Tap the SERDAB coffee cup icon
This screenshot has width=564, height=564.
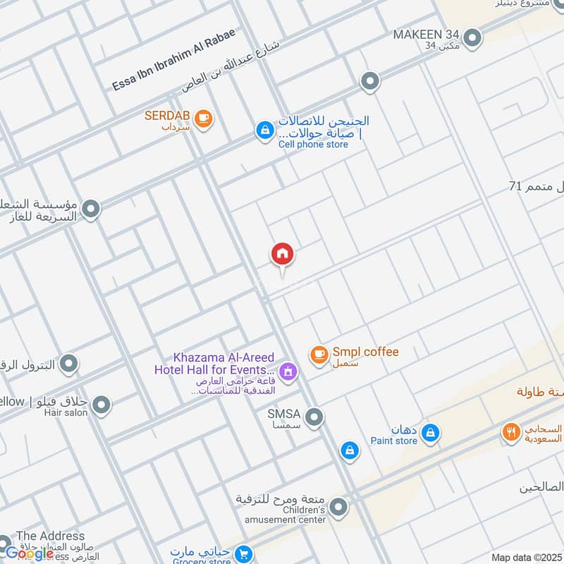tap(203, 118)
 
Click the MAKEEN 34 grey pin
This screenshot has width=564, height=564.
tap(472, 37)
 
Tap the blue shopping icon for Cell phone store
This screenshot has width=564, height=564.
tap(264, 131)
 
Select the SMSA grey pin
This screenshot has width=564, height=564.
tap(314, 417)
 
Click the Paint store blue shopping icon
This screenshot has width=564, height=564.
tap(431, 433)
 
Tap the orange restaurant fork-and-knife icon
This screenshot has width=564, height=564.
tap(511, 432)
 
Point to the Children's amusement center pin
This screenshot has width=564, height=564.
tap(339, 506)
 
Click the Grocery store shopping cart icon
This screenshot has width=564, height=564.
tap(245, 554)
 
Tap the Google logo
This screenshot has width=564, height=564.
tap(30, 553)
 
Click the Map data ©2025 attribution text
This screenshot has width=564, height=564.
tap(525, 557)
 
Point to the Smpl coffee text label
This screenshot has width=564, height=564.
tap(366, 352)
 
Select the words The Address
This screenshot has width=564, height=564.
tap(50, 536)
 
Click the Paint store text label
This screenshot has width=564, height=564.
tap(394, 441)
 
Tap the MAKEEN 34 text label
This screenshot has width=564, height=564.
tap(427, 35)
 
